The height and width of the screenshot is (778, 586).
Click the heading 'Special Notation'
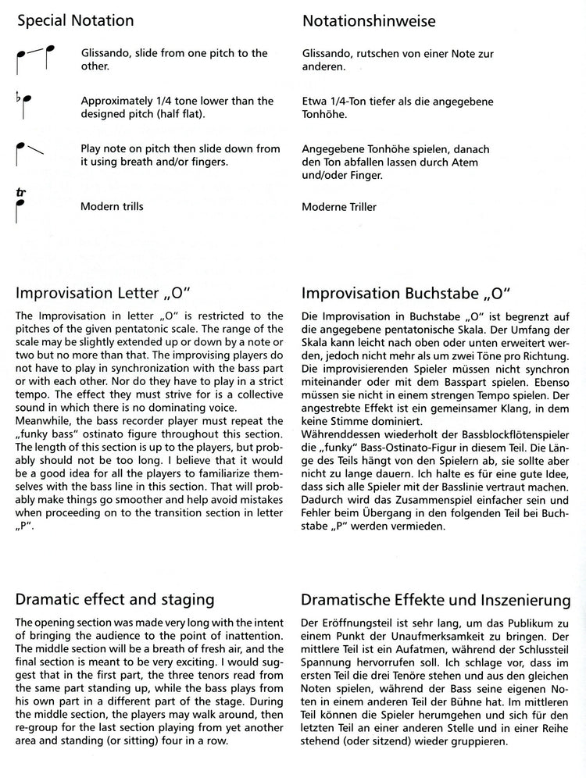pos(75,21)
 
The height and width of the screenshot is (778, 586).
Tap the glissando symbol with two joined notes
pos(34,60)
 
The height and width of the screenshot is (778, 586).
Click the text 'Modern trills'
pos(112,207)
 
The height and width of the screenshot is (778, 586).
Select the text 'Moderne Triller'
pos(338,207)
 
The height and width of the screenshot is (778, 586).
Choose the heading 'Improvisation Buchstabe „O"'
pos(406,294)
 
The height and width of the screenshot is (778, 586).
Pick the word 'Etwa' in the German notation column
pos(314,101)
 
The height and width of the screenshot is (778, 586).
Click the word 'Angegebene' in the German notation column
pos(334,148)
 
